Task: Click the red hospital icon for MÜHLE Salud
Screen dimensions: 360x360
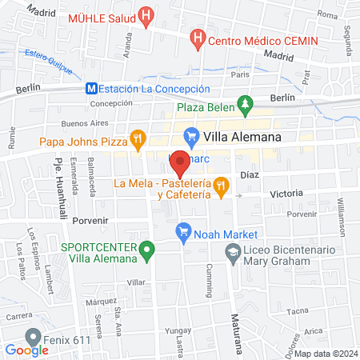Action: [x=146, y=16]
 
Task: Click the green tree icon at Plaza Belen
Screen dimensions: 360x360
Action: [x=245, y=105]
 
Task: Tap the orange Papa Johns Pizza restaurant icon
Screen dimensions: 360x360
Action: [x=138, y=138]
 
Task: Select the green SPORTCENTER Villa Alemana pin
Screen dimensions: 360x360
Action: [x=146, y=252]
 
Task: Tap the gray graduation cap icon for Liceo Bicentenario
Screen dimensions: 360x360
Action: [x=233, y=252]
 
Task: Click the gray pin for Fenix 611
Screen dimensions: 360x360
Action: [x=33, y=337]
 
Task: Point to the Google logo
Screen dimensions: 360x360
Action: [x=27, y=350]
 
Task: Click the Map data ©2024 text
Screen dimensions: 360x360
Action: [x=325, y=354]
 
